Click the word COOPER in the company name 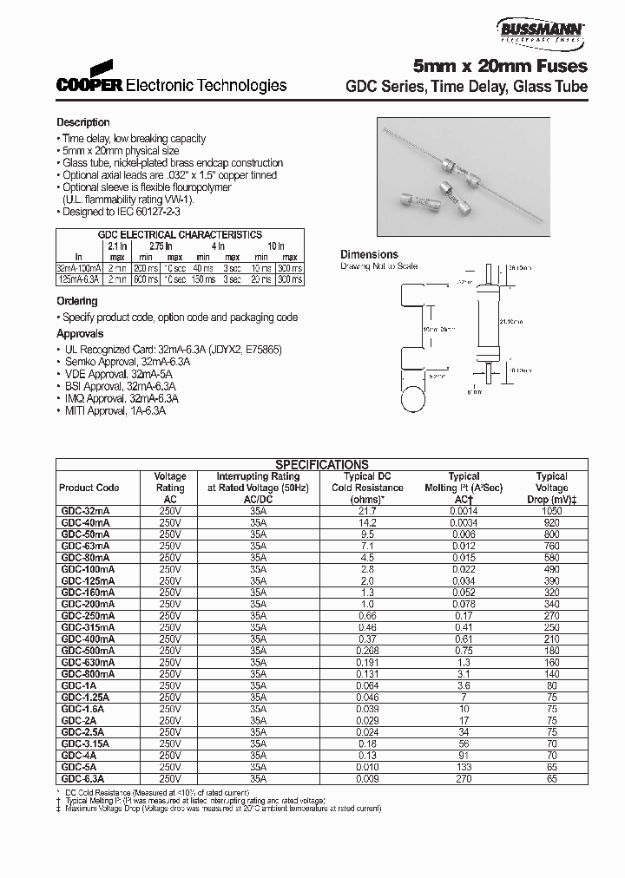tap(90, 86)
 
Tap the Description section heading tap(83, 123)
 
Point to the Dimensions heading tap(369, 255)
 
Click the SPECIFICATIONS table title tap(321, 465)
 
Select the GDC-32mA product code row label tap(85, 512)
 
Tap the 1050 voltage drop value tap(551, 512)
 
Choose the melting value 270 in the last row tap(464, 777)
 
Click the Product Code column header tap(89, 488)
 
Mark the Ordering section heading tap(77, 301)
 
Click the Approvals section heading tap(80, 334)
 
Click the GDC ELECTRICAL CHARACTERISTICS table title tap(181, 235)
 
